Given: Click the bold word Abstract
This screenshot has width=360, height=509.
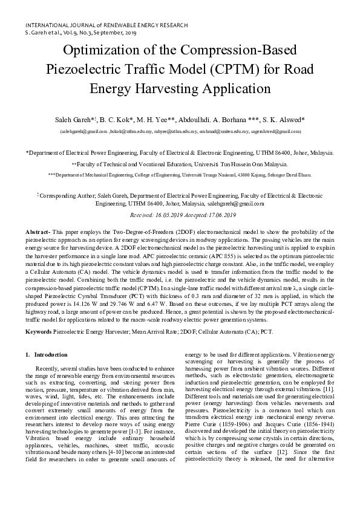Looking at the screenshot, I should [x=38, y=233].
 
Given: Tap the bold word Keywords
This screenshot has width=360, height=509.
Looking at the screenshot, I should [x=38, y=332].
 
